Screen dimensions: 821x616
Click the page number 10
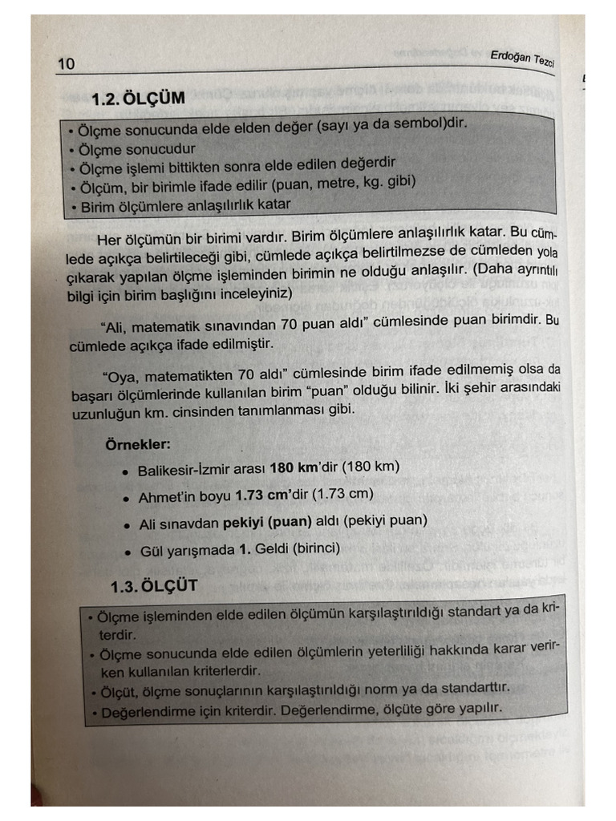click(x=66, y=63)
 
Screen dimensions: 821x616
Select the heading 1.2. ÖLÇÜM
click(x=138, y=99)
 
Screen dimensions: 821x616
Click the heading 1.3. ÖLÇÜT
click(x=153, y=586)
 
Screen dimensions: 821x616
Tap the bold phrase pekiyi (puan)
click(x=268, y=522)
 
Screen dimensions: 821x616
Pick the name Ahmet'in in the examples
click(x=164, y=497)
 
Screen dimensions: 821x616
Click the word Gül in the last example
click(x=150, y=551)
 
